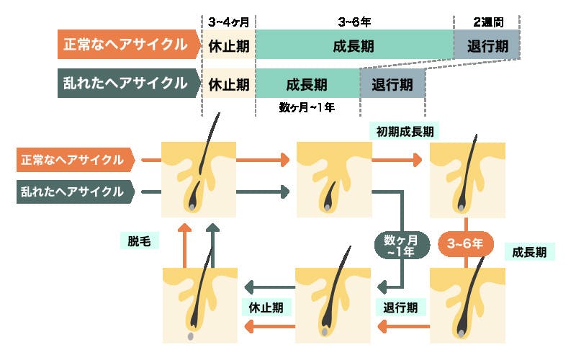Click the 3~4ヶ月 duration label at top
pos(229,22)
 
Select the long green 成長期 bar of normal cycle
pos(354,45)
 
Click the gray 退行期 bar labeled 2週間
pos(487,45)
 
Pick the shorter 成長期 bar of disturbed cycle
pos(307,84)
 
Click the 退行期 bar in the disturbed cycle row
pos(392,84)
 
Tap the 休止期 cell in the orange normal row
pos(229,45)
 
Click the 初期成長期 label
pos(405,131)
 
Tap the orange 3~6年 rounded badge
pos(465,244)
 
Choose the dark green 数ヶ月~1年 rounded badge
pos(401,244)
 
